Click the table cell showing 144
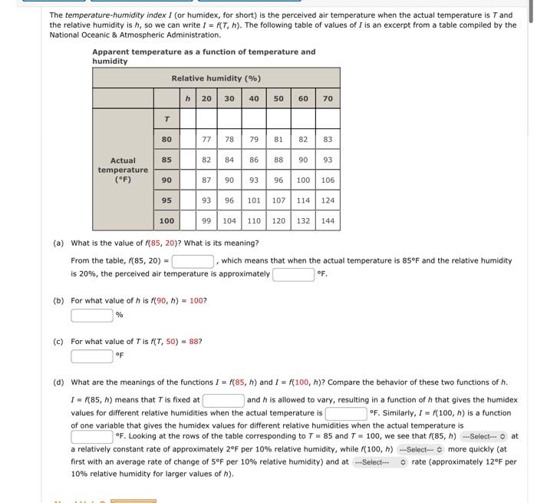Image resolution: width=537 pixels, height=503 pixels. coord(328,220)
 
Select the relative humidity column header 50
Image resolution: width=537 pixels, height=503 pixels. coord(278,98)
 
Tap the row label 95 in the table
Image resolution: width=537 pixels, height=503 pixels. coord(166,200)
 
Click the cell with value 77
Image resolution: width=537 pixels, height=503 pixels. coord(206,140)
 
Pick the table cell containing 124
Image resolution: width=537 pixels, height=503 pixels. coord(328,200)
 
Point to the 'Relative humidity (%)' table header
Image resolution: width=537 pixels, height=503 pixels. coord(216,78)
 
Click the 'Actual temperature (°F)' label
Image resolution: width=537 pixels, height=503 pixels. coord(123,170)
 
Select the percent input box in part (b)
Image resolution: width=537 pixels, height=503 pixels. coord(92,315)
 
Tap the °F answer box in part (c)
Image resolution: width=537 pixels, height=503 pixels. coord(92,356)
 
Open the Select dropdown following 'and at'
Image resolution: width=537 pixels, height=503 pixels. coord(379,462)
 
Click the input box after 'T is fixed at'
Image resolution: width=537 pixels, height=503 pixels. coord(223,400)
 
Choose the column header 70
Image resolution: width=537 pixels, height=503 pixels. coord(328,98)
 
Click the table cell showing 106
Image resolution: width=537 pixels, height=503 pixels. coord(328,180)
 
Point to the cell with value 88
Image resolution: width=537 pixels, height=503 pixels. coord(278,160)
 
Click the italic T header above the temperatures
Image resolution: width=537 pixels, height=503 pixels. coord(166,119)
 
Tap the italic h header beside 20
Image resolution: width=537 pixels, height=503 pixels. coord(188,98)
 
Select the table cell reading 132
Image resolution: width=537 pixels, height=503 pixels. coord(303,220)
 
